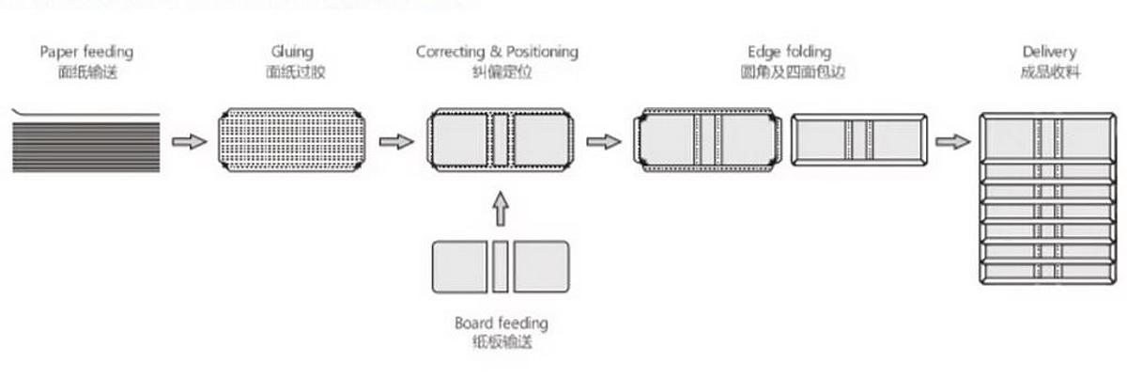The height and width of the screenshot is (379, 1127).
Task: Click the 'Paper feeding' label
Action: coord(86,51)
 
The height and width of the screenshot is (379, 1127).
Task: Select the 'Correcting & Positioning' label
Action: coord(498,51)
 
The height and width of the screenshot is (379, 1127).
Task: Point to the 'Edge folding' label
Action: coord(790,51)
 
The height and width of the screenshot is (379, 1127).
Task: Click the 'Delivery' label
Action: coord(1049,51)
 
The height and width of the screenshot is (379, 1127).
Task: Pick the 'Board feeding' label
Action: coord(501,324)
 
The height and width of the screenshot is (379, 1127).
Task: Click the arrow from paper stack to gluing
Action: coord(189,142)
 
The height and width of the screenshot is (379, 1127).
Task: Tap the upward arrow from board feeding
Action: coord(500,209)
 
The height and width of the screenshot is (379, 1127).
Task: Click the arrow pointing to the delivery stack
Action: coord(952,142)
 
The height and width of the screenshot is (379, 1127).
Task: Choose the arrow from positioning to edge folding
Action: coord(604,142)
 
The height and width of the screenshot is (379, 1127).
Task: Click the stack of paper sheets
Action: coord(86,140)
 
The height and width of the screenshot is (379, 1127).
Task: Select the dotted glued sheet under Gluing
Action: coord(291,141)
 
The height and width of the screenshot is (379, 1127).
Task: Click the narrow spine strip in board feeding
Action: coord(500,266)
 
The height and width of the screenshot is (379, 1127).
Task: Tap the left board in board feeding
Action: coord(459,266)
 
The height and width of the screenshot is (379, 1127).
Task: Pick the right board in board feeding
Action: coord(541,266)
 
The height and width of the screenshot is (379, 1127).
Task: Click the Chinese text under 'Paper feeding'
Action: coord(86,71)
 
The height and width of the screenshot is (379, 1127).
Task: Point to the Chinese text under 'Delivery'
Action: coord(1049,71)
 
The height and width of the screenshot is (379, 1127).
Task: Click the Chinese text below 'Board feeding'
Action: coord(501,342)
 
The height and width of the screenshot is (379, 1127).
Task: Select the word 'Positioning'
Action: coord(543,51)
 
